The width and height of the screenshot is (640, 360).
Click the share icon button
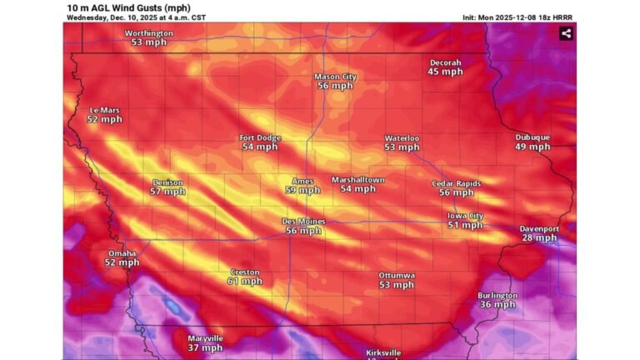(566, 33)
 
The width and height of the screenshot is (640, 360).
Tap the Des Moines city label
(303, 221)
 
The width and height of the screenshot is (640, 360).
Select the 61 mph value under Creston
(245, 282)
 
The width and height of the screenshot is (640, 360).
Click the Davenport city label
(539, 228)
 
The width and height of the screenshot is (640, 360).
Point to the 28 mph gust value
(539, 238)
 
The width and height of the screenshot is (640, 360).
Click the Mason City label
(335, 77)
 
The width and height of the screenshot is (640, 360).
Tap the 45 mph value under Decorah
(445, 72)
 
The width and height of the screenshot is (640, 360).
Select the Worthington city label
(149, 33)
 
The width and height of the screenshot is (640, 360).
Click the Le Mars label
(105, 110)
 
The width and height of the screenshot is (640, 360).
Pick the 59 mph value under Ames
(302, 190)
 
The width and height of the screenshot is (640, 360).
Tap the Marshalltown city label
(358, 179)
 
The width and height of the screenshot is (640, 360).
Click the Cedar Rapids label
(456, 183)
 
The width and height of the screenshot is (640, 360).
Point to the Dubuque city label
(532, 137)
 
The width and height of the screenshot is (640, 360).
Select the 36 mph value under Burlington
(497, 305)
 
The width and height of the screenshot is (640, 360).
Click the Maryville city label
(205, 338)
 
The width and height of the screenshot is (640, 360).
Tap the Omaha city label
(122, 253)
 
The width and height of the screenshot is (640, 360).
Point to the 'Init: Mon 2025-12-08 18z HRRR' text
(517, 17)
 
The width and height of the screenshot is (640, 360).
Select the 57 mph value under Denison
(167, 192)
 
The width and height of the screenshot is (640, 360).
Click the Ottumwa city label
(397, 275)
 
